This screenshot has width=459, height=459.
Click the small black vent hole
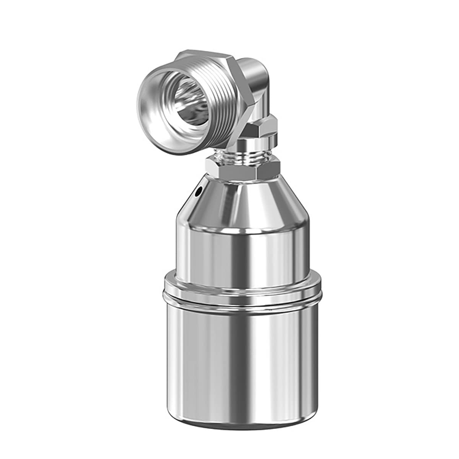point(199,190)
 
